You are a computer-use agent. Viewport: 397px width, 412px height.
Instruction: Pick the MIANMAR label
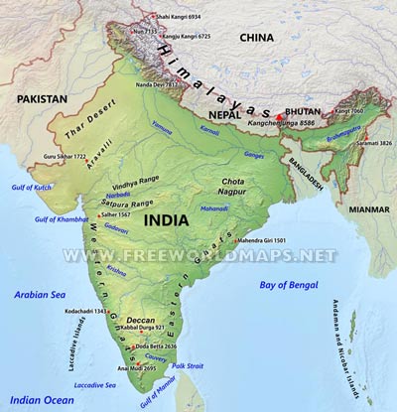362,210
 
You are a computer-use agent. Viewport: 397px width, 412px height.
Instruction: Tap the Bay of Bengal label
295,286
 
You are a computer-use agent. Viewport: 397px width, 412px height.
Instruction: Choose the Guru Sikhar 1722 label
66,157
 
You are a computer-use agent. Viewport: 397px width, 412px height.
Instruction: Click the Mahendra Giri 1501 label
262,241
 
